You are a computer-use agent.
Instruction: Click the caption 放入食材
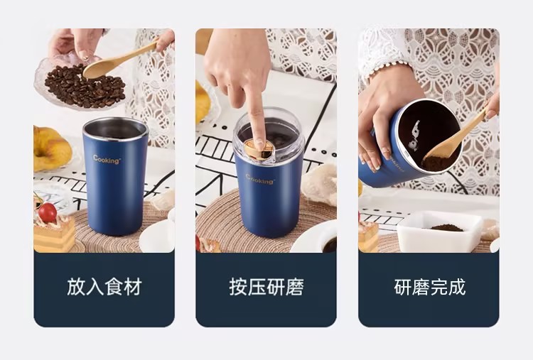pos(104,287)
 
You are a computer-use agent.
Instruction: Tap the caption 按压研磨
pos(266,287)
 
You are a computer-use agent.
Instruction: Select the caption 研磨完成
pos(429,287)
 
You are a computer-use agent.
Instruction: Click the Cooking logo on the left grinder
pos(107,160)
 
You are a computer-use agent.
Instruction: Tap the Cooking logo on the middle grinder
pos(260,180)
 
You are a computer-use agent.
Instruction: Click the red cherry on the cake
pos(48,212)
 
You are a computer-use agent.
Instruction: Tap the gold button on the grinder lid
pos(260,148)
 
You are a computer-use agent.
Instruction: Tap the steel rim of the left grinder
pos(115,129)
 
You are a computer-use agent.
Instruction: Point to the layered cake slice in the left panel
pos(54,234)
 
